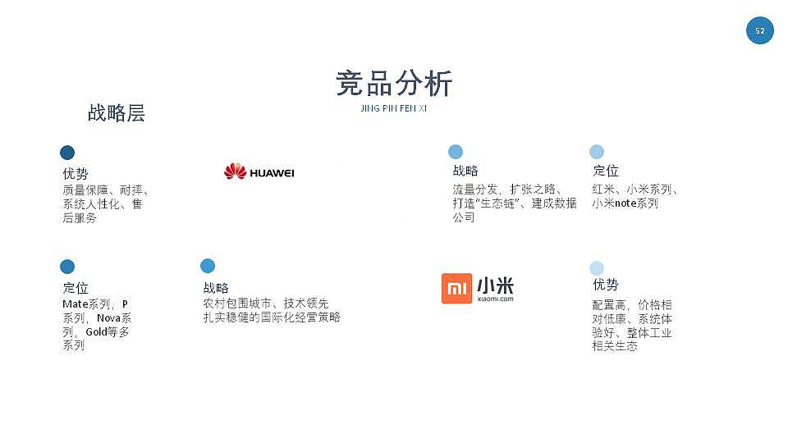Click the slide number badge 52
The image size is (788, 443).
click(x=759, y=30)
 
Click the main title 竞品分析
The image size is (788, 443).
click(x=394, y=84)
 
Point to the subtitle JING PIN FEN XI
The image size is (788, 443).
click(x=394, y=108)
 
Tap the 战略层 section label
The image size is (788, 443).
click(x=116, y=113)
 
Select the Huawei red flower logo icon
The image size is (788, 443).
click(x=235, y=171)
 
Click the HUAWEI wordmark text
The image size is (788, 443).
click(x=272, y=173)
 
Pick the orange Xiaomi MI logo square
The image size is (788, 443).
click(x=456, y=289)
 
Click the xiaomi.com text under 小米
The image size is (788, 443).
click(x=495, y=299)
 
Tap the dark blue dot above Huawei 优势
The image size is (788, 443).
click(x=67, y=153)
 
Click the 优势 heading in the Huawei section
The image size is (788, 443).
click(x=76, y=174)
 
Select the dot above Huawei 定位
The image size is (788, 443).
click(x=67, y=267)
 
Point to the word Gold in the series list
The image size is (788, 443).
click(x=97, y=332)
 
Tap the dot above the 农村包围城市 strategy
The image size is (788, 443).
click(x=208, y=266)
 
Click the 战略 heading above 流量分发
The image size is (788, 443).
click(x=465, y=171)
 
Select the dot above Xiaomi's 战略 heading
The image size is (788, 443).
click(x=456, y=152)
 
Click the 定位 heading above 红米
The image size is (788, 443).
click(x=606, y=171)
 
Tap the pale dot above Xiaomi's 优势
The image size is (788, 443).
click(x=597, y=268)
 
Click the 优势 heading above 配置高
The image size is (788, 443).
click(x=605, y=285)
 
